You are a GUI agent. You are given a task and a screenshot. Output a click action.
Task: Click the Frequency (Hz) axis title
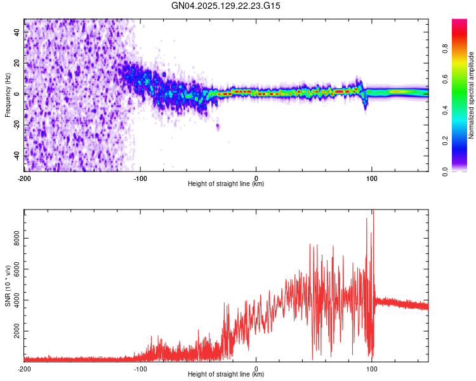(8, 94)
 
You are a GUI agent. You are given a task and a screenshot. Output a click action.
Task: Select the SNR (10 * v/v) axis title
(8, 285)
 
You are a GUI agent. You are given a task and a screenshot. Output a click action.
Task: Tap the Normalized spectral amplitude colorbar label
(472, 95)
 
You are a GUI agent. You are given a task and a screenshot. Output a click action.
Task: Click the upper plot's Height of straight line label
(226, 184)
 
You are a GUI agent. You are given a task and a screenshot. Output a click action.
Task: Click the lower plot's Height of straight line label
(226, 374)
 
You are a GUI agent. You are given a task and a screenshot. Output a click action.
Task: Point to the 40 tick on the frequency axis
(17, 32)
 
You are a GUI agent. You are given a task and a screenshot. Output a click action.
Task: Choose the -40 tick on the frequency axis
(15, 156)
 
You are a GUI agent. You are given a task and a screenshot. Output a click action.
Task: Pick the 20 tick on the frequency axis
(17, 63)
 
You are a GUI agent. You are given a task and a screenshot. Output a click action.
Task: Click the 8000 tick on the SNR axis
(13, 239)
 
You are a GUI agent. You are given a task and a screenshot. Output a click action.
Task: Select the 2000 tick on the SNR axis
(13, 331)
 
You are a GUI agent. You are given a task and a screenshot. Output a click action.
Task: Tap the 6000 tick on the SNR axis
(13, 271)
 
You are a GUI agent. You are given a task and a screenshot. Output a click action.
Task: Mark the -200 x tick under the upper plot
(24, 178)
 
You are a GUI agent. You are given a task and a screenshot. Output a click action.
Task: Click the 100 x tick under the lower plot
(371, 368)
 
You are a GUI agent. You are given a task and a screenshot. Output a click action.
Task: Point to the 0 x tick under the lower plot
(256, 368)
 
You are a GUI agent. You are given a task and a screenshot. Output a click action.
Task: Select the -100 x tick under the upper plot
(140, 178)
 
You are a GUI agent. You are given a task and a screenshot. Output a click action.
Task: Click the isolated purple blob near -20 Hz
(218, 126)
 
